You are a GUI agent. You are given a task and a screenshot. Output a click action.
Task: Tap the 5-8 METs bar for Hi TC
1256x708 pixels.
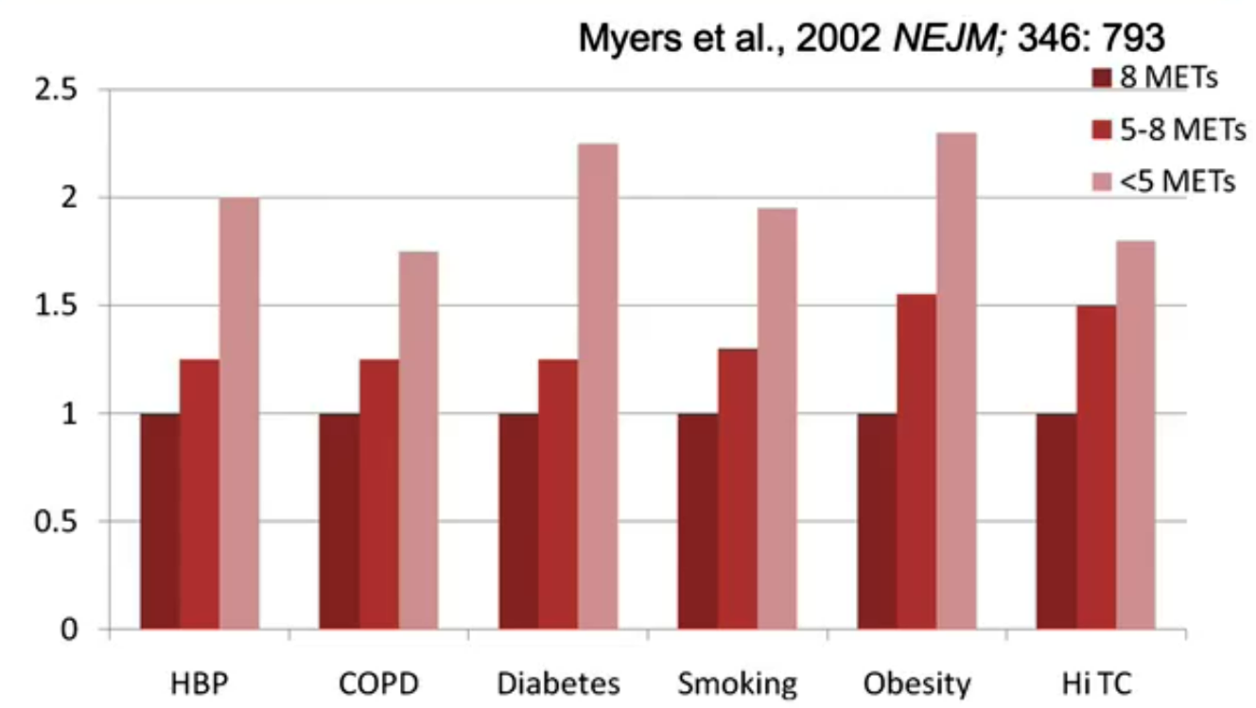[x=1095, y=467]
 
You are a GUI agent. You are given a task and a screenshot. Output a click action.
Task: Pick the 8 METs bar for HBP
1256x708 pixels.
[x=160, y=521]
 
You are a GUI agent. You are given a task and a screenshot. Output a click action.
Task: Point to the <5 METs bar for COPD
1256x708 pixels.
[x=418, y=440]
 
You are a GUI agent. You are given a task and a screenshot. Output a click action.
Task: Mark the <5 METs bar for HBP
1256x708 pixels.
[x=239, y=413]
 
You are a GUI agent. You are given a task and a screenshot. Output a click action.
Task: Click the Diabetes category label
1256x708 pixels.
[x=558, y=683]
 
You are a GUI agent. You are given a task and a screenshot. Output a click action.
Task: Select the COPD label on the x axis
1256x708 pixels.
[x=378, y=683]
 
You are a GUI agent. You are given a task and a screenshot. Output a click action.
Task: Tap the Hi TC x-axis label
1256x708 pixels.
[x=1096, y=683]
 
